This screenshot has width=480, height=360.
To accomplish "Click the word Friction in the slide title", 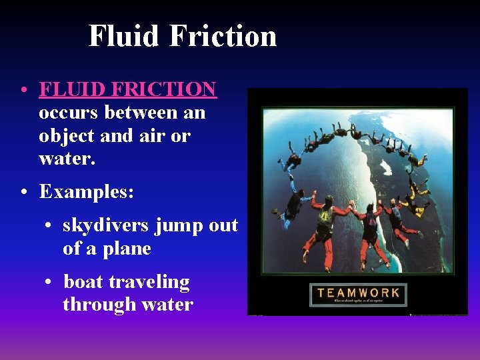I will click(x=223, y=35).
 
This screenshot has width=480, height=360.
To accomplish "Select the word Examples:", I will click(x=87, y=192).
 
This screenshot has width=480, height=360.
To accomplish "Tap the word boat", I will click(x=83, y=281).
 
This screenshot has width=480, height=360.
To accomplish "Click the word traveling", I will click(x=149, y=283).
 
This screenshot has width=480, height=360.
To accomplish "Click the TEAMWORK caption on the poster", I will click(x=358, y=293).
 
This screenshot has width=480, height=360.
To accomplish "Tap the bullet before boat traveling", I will click(x=49, y=283).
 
